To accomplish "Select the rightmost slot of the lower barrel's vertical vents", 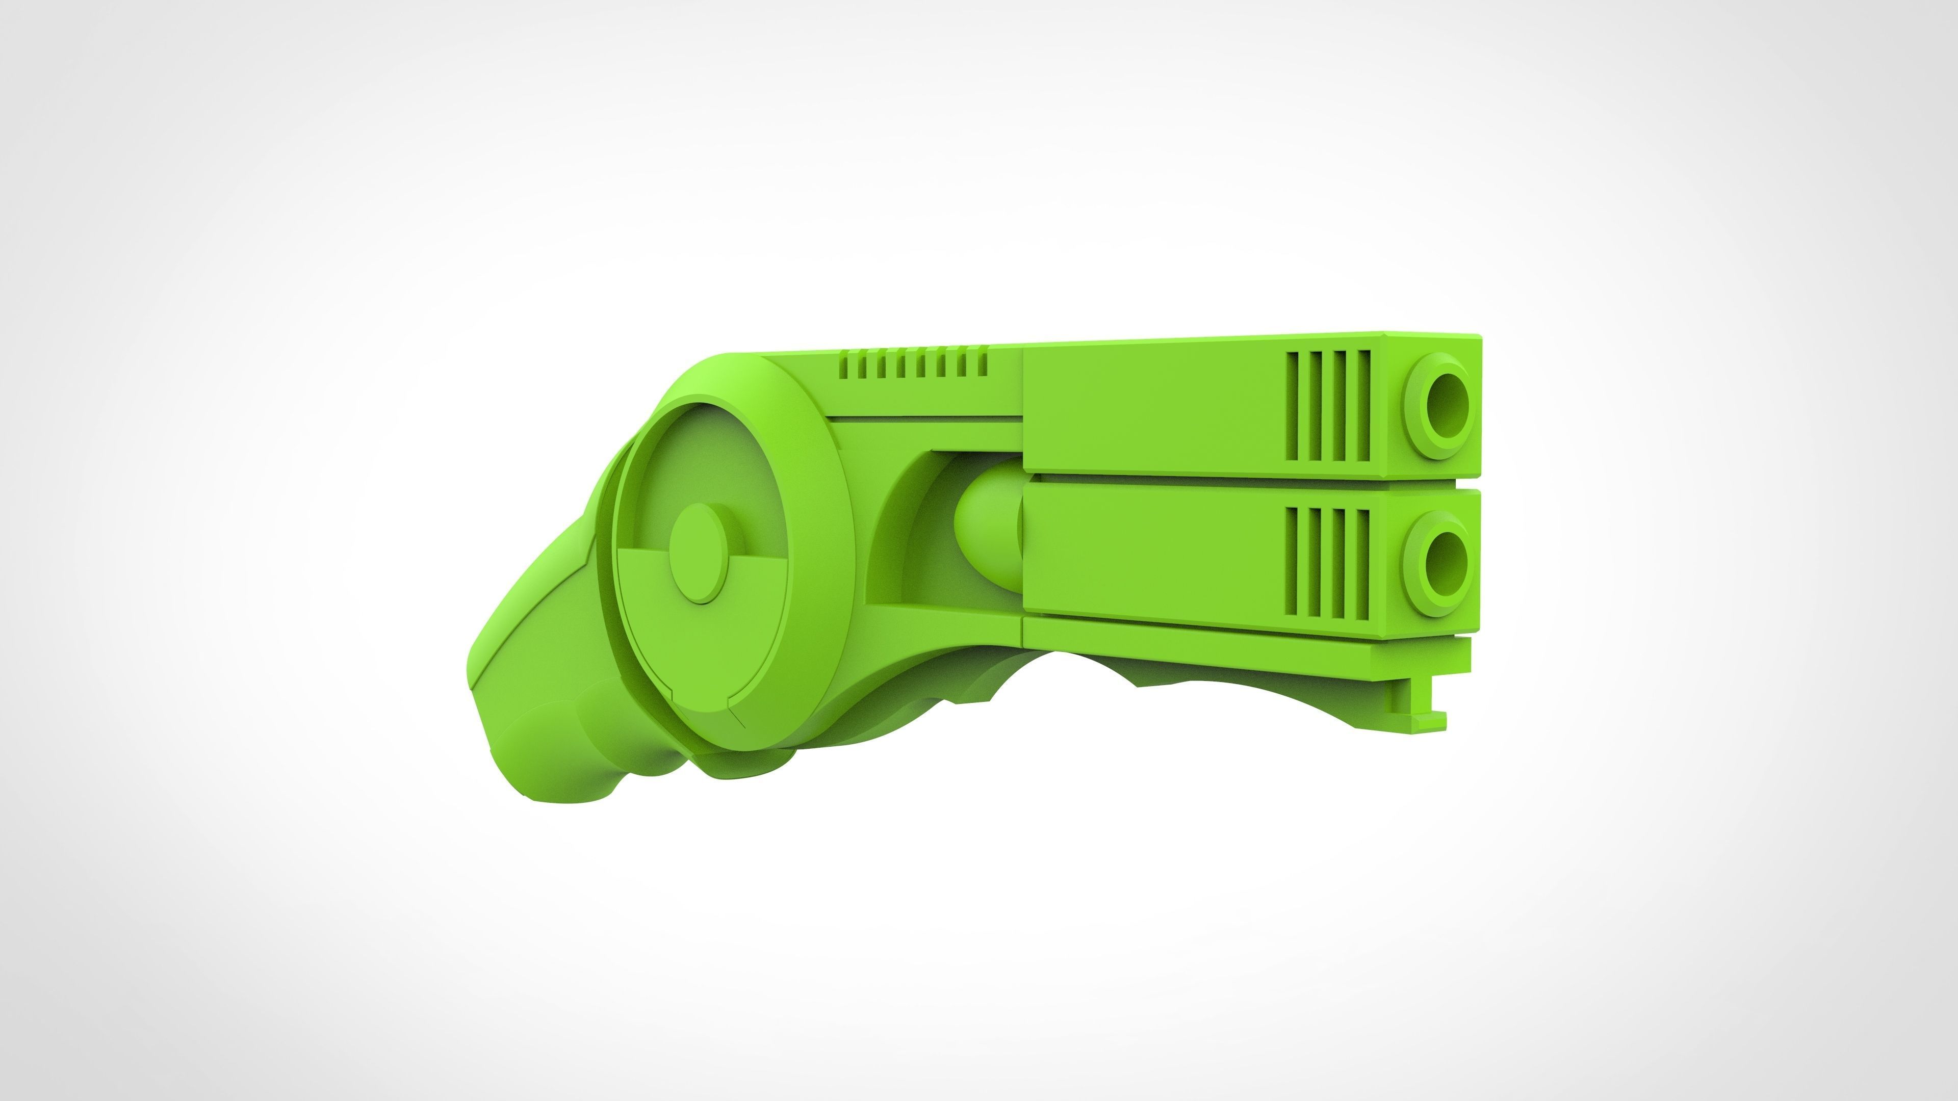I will pos(1361,563).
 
